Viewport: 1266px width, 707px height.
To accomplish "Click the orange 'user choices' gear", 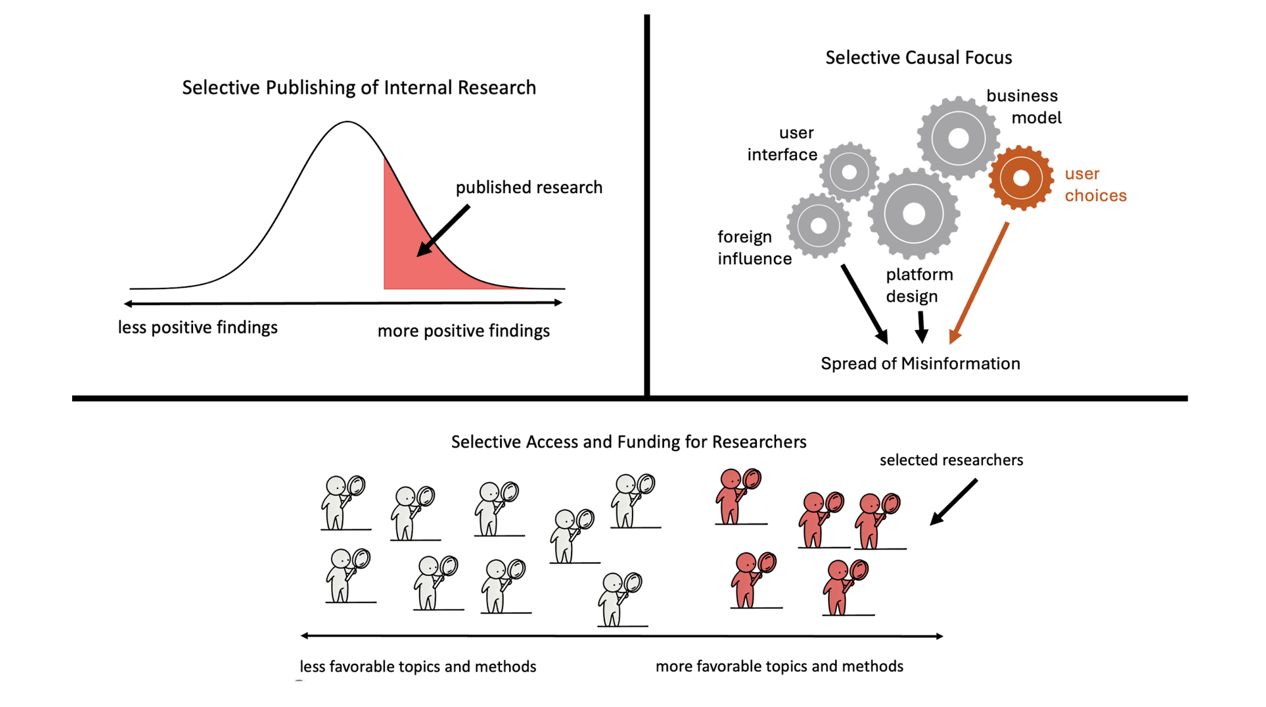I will click(x=1020, y=178).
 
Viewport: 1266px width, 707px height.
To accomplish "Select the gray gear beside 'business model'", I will click(x=958, y=138).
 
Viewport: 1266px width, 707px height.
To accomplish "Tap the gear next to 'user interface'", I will click(x=849, y=172).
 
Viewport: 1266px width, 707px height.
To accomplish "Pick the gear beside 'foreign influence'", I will click(x=818, y=225).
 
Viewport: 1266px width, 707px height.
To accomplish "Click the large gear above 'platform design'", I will click(x=913, y=214).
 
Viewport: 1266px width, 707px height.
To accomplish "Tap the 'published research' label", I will click(x=529, y=187).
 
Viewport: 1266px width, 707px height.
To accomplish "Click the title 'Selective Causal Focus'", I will click(x=918, y=58).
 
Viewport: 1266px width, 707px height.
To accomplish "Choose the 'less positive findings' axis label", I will click(x=197, y=327).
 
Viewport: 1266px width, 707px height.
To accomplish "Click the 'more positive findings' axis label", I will click(x=463, y=330).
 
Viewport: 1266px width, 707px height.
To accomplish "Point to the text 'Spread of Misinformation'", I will click(x=920, y=363).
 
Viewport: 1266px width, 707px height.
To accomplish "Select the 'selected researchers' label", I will click(x=951, y=460).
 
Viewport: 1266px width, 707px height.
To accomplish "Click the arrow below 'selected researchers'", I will click(x=953, y=502).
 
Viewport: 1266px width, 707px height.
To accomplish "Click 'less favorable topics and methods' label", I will click(x=418, y=666).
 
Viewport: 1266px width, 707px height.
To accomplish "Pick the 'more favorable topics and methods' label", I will click(x=779, y=666).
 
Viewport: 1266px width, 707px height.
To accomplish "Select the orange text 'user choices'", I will click(x=1095, y=184).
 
